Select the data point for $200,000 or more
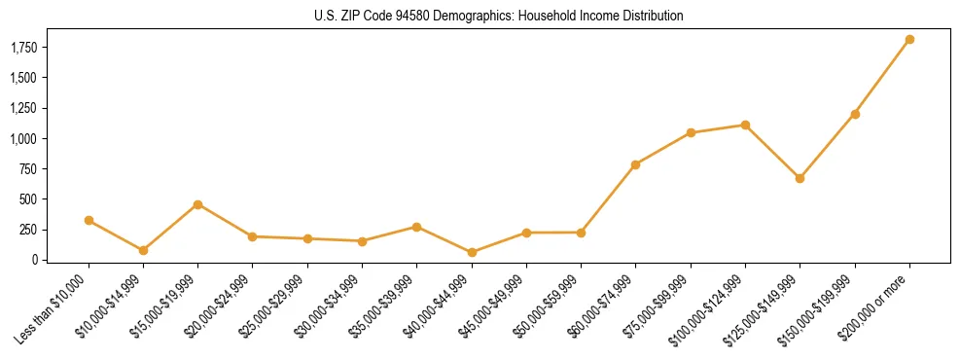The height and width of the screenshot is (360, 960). click(909, 40)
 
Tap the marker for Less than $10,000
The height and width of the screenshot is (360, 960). click(89, 221)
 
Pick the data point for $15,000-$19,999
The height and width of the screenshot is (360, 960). click(197, 204)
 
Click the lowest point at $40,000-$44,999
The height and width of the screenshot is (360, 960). click(472, 252)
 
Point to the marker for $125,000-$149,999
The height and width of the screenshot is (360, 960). click(800, 178)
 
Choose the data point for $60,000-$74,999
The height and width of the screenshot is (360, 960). click(635, 164)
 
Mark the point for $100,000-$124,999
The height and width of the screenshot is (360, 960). click(745, 125)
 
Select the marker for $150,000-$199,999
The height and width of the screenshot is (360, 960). click(855, 114)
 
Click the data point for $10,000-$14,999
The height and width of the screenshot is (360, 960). click(143, 250)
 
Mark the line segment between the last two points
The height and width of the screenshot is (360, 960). click(882, 77)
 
